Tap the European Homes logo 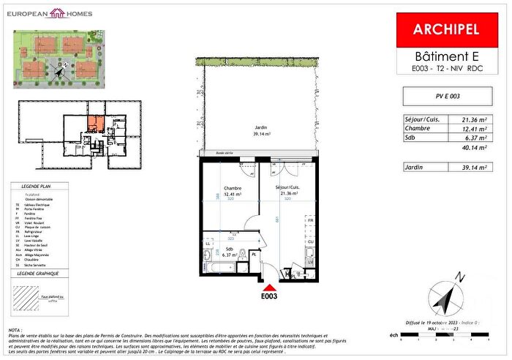57,13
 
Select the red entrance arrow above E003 270,288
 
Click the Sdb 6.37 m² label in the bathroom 228,252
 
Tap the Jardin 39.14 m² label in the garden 257,130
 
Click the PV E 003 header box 447,95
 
